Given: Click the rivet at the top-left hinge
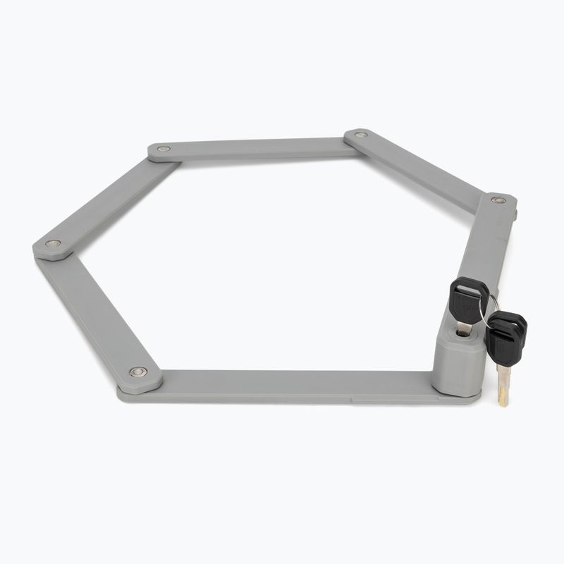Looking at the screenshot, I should tap(164, 149).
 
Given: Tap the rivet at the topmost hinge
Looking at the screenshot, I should tap(361, 134).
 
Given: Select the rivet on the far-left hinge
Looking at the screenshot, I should tap(53, 244).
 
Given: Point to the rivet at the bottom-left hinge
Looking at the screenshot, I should tap(137, 372).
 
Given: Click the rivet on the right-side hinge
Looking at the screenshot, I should tap(498, 200).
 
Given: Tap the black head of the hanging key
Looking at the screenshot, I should tap(506, 337).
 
